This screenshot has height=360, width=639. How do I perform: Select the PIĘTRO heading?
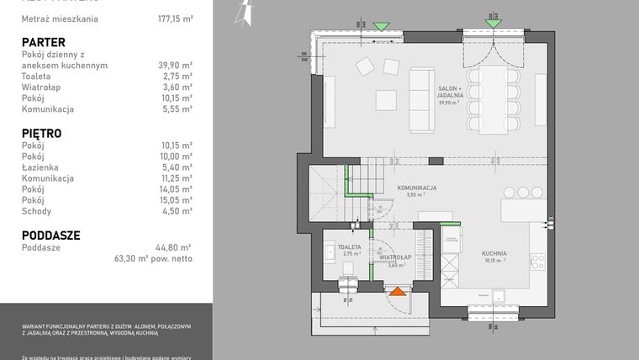pyautogui.click(x=41, y=133)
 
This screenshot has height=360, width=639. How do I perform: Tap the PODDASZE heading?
pyautogui.click(x=50, y=236)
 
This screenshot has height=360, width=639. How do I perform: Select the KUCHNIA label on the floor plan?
pyautogui.click(x=494, y=253)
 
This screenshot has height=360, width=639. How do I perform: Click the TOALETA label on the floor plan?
pyautogui.click(x=351, y=247)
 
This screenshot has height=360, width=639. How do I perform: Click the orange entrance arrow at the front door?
pyautogui.click(x=396, y=292)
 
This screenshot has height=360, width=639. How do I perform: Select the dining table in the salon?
pyautogui.click(x=492, y=99)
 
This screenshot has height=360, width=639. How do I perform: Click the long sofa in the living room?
pyautogui.click(x=420, y=101)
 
